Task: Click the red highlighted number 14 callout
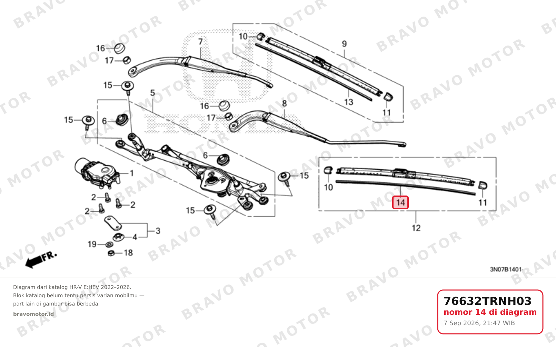pyautogui.click(x=400, y=202)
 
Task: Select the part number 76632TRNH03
pyautogui.click(x=487, y=301)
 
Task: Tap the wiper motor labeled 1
pyautogui.click(x=98, y=172)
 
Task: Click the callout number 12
pyautogui.click(x=416, y=228)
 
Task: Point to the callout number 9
pyautogui.click(x=344, y=44)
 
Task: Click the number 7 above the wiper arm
pyautogui.click(x=200, y=42)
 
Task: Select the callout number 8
pyautogui.click(x=285, y=103)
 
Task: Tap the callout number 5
pyautogui.click(x=152, y=93)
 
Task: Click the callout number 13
pyautogui.click(x=349, y=102)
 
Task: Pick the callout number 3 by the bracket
pyautogui.click(x=158, y=231)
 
